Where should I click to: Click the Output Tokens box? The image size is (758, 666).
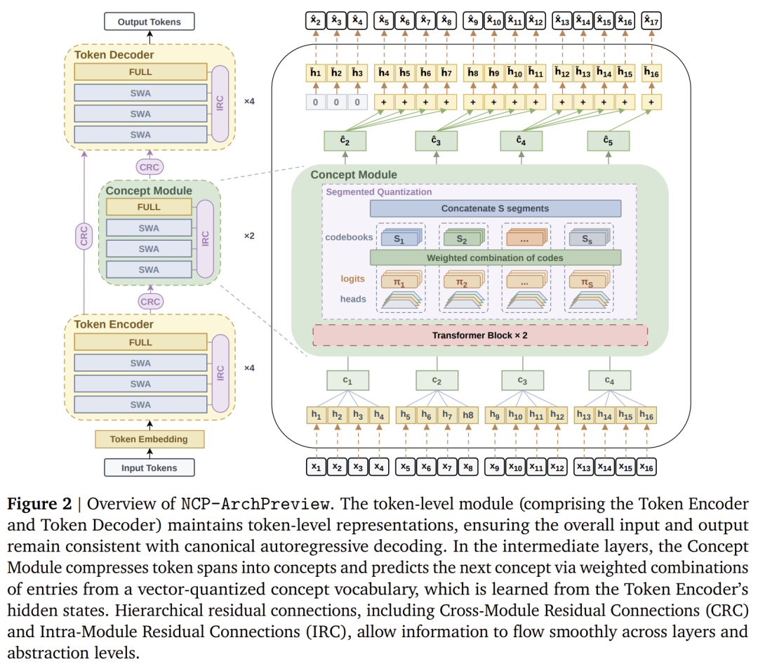click(x=149, y=22)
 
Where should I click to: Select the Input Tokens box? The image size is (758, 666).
click(x=149, y=468)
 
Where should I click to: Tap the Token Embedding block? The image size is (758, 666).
click(x=149, y=439)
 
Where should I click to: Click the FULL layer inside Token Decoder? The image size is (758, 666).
click(x=140, y=72)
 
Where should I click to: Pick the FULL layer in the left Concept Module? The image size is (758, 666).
click(x=149, y=207)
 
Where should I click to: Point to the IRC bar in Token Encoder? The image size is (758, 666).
click(x=220, y=373)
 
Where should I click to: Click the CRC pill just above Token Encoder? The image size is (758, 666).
click(x=150, y=302)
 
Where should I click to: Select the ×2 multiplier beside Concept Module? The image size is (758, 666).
click(x=249, y=236)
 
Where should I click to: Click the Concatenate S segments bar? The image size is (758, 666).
click(x=496, y=208)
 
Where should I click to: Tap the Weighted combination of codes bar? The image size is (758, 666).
click(x=496, y=258)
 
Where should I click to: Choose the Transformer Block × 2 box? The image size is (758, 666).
click(x=480, y=335)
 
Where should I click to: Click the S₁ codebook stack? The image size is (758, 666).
click(x=401, y=237)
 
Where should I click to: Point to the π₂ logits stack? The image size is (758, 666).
click(x=464, y=280)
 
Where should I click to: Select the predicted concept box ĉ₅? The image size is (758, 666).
click(x=608, y=141)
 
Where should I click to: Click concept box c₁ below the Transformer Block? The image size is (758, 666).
click(x=347, y=380)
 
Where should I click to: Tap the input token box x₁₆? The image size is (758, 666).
click(x=646, y=467)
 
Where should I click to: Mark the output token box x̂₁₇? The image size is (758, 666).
click(x=651, y=21)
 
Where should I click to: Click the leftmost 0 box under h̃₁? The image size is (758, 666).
click(x=316, y=102)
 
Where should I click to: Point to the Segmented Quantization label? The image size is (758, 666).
click(x=378, y=192)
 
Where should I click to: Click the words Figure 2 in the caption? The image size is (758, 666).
click(x=39, y=504)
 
